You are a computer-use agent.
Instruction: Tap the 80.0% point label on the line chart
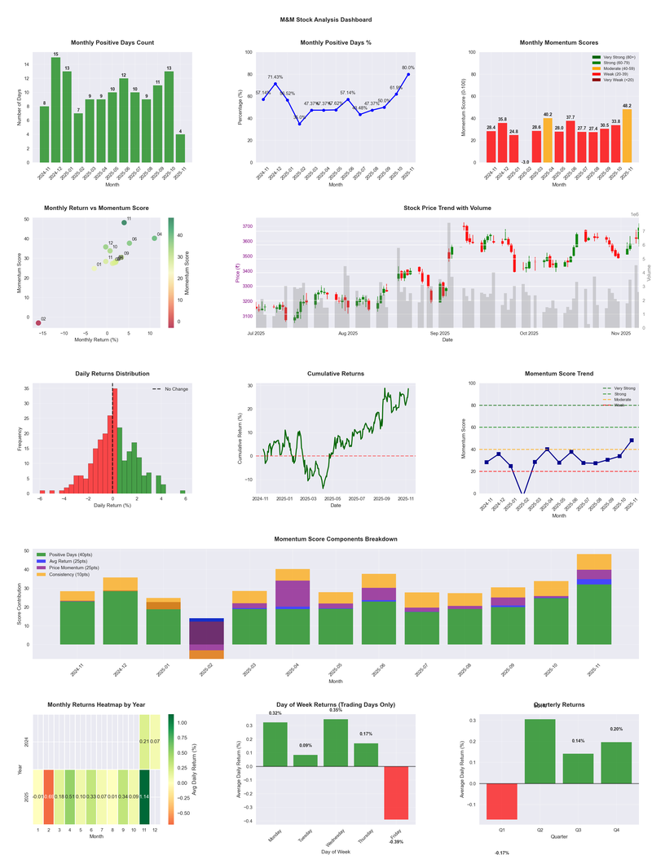[x=408, y=68]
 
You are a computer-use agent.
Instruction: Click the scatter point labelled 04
[x=154, y=239]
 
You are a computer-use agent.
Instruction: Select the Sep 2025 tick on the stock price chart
[x=439, y=333]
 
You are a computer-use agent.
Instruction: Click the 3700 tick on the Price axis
[x=245, y=226]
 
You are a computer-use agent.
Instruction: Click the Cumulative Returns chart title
[x=336, y=374]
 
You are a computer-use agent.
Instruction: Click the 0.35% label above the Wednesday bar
[x=335, y=710]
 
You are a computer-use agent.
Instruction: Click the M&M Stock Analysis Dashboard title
[x=326, y=20]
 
